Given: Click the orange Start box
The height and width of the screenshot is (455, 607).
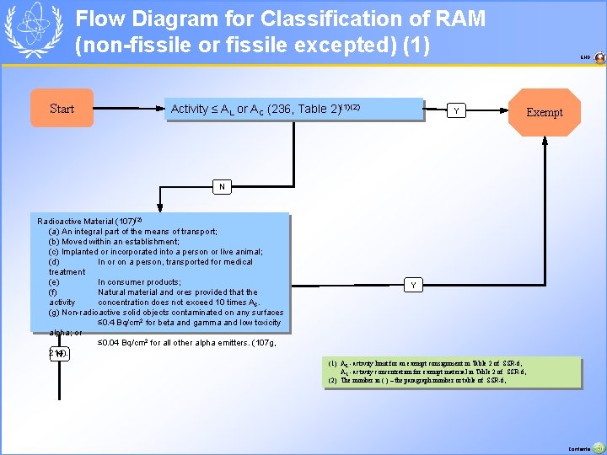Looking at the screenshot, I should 62,109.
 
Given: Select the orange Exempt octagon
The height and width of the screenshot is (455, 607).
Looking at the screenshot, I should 544,112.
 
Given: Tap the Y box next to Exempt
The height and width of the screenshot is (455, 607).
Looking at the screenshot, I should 456,110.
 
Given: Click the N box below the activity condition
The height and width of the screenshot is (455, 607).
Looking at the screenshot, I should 222,186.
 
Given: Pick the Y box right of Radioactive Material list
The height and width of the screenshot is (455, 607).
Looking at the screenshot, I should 413,286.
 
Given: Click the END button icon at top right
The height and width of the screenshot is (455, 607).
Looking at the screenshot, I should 599,58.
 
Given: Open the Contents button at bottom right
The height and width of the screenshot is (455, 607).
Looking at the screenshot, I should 598,447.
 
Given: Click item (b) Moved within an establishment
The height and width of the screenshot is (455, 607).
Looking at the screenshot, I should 114,241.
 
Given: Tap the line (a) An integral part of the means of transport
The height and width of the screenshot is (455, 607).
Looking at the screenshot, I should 132,231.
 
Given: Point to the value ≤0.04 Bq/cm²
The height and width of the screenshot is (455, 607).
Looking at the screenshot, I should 126,343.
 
